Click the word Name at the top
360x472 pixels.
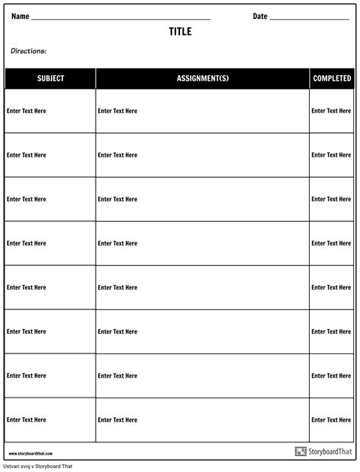[21, 16]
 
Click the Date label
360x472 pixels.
[260, 16]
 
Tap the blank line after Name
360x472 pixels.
[122, 18]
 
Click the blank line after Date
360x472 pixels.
[309, 18]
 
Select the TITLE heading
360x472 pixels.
[180, 32]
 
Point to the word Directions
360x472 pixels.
[29, 51]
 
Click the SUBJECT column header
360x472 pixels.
[50, 78]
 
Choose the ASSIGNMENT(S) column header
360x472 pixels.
[202, 78]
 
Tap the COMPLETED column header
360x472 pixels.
[332, 78]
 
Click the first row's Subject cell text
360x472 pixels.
[27, 111]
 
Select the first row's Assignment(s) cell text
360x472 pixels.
[118, 111]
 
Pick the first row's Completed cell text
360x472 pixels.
[331, 111]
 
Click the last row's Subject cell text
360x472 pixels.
[27, 420]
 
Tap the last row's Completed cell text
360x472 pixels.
[331, 420]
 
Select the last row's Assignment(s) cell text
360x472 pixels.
[118, 420]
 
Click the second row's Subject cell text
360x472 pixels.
[27, 155]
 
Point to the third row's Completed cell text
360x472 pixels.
[331, 199]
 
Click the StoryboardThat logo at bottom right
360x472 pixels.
[323, 451]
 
